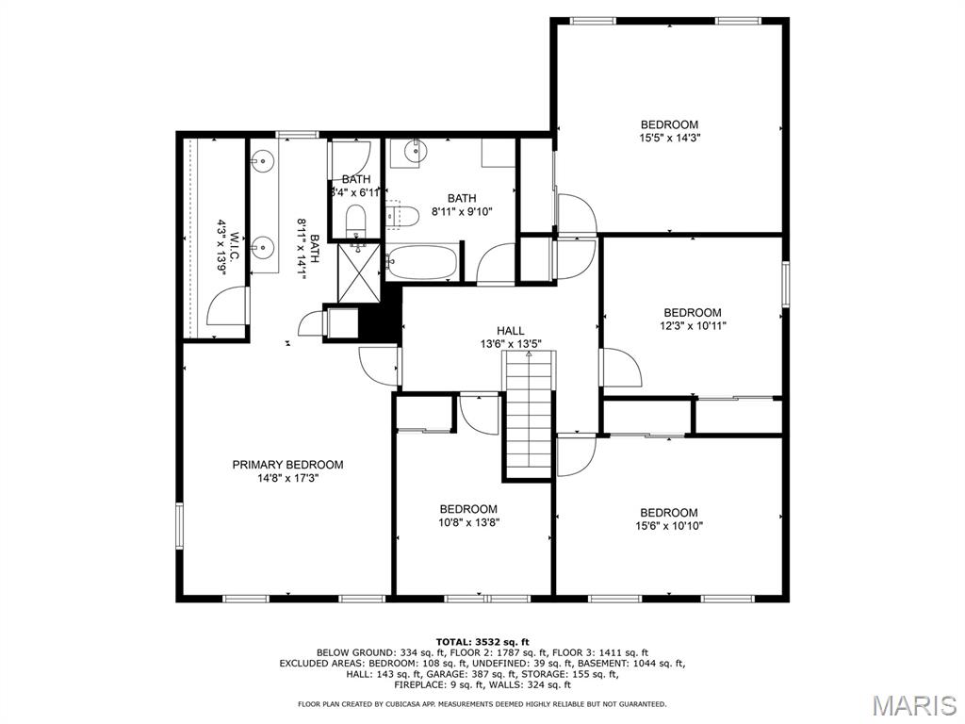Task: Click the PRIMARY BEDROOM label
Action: tap(287, 465)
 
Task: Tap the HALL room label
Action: tap(511, 331)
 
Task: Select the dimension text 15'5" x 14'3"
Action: tap(669, 138)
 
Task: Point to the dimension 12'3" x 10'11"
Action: tap(693, 326)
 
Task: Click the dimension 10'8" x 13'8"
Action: tap(468, 522)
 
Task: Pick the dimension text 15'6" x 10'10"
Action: tap(669, 526)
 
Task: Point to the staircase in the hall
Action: tap(528, 420)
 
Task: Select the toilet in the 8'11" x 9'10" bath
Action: tap(402, 216)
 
